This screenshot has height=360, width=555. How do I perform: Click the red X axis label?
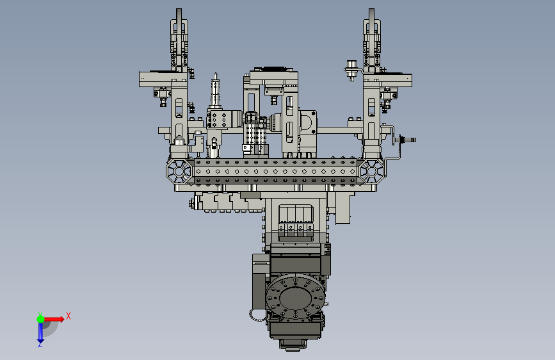[x=68, y=316]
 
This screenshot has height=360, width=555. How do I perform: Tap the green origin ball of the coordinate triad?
[x=41, y=319]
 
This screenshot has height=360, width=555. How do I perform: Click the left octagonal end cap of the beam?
[x=179, y=172]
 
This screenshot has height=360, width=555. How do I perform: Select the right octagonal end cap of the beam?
[x=371, y=172]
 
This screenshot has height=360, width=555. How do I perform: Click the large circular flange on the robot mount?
[x=295, y=297]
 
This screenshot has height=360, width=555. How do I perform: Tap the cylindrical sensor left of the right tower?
[x=351, y=70]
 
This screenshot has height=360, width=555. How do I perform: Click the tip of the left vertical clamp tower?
[x=179, y=10]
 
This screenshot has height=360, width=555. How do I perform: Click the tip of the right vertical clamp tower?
[x=371, y=10]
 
